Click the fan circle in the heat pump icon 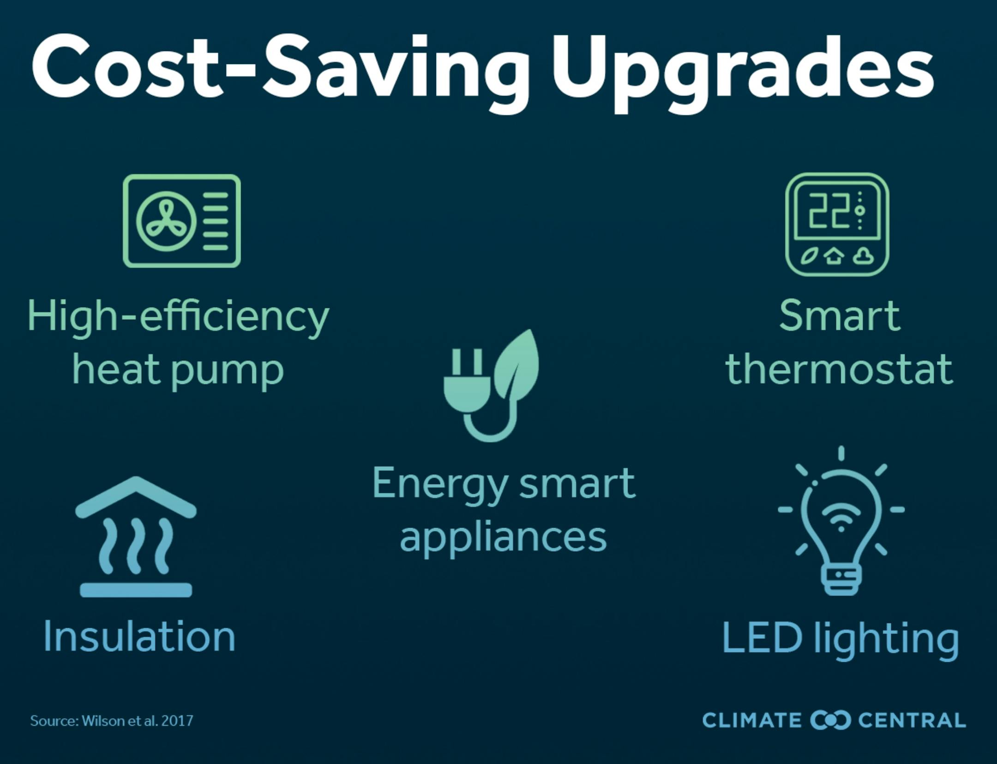[x=166, y=221]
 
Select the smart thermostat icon [x=837, y=224]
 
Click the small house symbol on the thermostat [x=833, y=256]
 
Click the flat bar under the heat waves [x=136, y=590]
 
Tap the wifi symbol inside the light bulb [x=841, y=516]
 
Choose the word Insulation [x=139, y=637]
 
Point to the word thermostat [x=839, y=369]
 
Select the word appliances [x=503, y=539]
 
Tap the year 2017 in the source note [x=178, y=720]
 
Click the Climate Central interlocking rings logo [x=830, y=720]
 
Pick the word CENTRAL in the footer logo [x=912, y=720]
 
